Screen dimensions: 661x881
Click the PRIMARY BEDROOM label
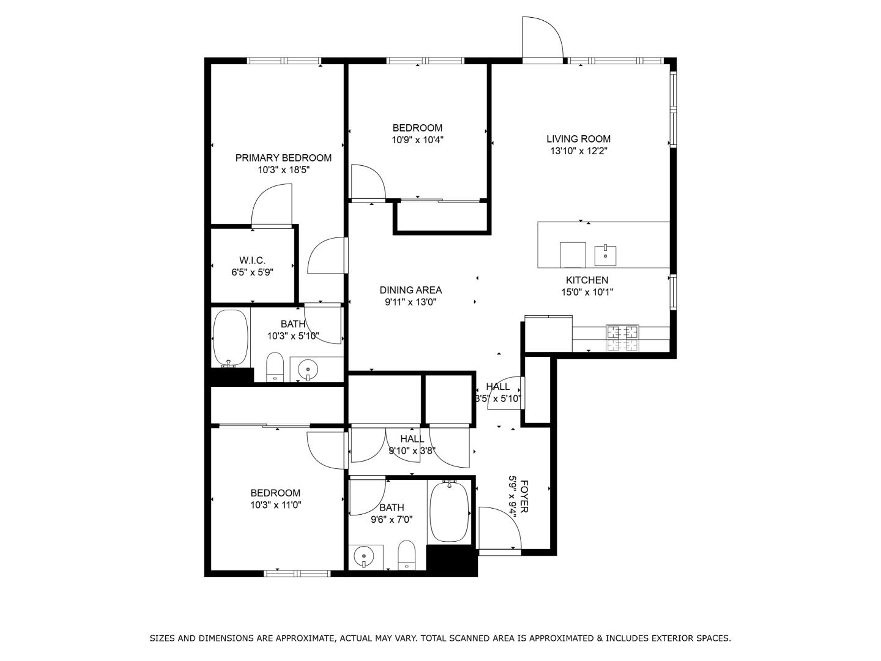283,158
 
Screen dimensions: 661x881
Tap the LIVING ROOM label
578,139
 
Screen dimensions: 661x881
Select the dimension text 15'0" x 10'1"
587,293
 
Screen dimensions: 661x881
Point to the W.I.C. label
252,261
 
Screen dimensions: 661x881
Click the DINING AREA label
411,290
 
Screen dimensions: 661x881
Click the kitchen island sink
605,255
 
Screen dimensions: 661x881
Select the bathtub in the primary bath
231,337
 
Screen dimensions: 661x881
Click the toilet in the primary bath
275,367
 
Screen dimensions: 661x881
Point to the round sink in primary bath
308,369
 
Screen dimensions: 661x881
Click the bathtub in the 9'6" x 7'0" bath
450,511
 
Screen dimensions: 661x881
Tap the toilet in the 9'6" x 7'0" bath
406,556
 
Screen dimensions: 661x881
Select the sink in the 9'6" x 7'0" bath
364,557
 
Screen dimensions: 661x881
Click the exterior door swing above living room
541,39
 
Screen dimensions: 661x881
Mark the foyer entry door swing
499,529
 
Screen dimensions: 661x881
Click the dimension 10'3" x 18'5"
283,170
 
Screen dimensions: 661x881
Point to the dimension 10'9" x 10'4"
417,140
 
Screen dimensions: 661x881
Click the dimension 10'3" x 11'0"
275,506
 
